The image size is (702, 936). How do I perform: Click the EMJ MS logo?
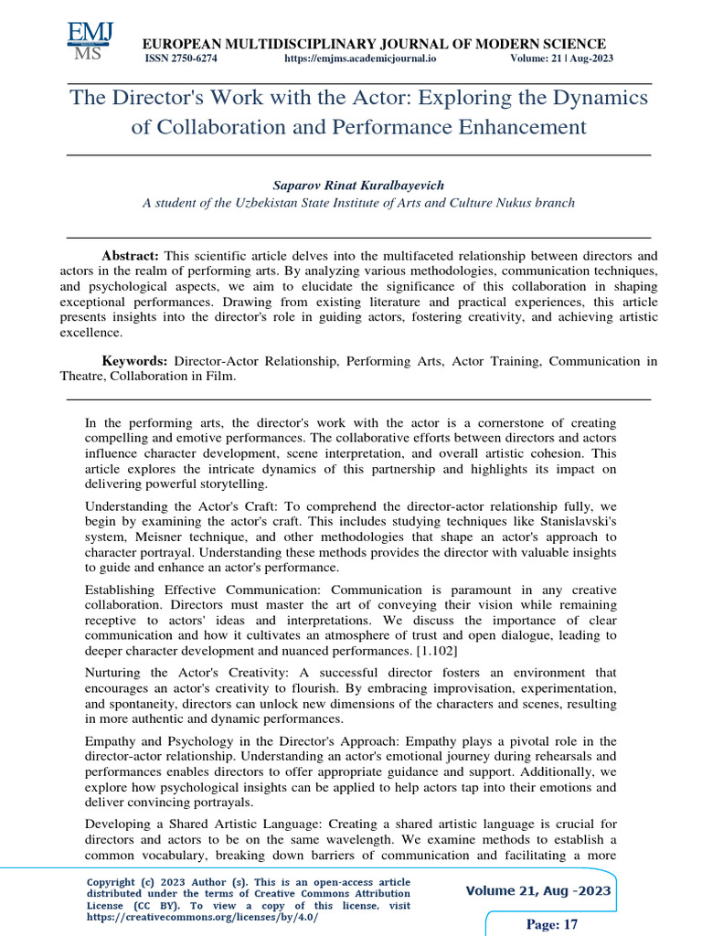(90, 39)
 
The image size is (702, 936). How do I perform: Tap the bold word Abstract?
(130, 257)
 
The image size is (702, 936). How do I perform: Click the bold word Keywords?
(133, 361)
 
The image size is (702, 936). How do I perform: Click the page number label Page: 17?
(552, 924)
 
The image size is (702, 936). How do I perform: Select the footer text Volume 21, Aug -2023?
(538, 890)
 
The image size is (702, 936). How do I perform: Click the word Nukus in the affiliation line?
(494, 203)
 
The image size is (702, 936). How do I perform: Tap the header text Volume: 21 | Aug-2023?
(560, 58)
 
